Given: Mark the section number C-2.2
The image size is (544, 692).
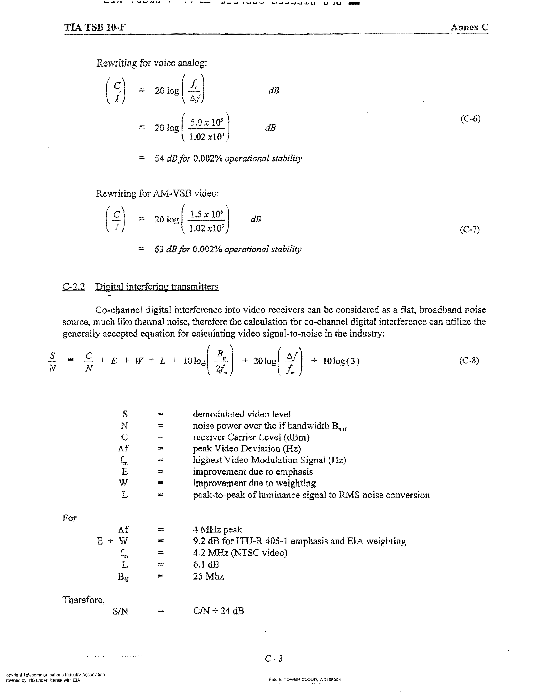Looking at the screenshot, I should [74, 287].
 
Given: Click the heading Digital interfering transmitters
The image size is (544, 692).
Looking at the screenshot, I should [157, 287].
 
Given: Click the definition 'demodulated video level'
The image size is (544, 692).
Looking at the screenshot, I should [242, 414].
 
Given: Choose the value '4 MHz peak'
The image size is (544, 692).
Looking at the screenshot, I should [217, 529].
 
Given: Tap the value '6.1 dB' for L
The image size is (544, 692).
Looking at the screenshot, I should [206, 565].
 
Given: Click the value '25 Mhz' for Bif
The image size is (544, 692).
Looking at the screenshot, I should [208, 576].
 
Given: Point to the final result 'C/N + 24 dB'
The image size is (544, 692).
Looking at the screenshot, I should [218, 611].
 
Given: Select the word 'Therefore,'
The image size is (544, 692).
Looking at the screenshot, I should [83, 600].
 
